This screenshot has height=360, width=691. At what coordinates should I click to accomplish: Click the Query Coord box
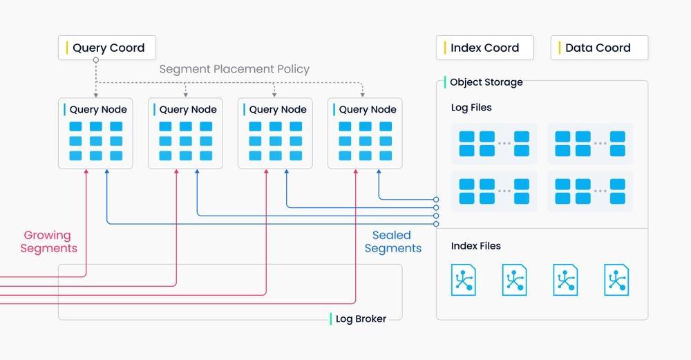coord(106,48)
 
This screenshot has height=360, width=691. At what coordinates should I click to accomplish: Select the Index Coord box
coord(485,48)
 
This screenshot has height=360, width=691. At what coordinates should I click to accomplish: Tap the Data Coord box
coord(599,48)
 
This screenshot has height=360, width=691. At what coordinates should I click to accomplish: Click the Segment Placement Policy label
coord(234,69)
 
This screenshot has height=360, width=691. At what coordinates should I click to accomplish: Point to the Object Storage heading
coord(486,82)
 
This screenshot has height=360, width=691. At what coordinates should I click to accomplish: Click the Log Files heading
coord(471,108)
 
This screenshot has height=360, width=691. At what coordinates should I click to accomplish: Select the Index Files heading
coord(476,246)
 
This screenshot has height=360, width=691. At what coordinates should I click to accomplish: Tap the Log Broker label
coord(361,319)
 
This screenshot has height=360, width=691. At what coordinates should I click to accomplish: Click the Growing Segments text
coord(48,241)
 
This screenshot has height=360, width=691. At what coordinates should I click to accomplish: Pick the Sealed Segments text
coord(392,241)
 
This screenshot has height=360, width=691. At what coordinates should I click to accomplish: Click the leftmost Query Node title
coord(98,109)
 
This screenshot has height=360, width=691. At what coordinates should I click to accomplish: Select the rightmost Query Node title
coord(368,109)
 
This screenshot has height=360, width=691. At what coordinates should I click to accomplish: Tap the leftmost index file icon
coord(463,280)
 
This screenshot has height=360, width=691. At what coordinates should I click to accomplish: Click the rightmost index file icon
coord(616,280)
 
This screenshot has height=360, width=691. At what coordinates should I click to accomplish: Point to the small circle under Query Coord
coord(95,60)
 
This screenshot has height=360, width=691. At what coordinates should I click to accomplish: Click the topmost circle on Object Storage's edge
coord(436,200)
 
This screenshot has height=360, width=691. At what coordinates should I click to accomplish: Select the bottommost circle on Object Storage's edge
coord(436,225)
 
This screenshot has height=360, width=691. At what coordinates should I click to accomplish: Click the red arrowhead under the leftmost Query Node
coord(86,171)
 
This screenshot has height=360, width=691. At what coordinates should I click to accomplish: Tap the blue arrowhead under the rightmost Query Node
coord(379,171)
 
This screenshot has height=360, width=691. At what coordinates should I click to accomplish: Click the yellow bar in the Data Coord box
coord(559,48)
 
